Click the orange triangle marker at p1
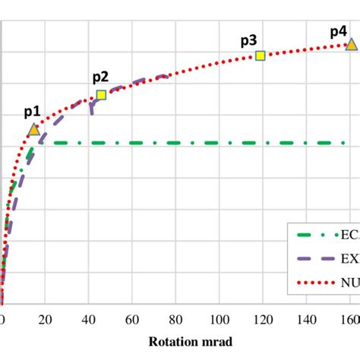(33, 130)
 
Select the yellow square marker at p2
(101, 95)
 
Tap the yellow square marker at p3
(260, 55)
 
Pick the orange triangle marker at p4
(350, 46)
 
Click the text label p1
(32, 112)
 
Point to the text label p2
(100, 77)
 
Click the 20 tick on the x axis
(46, 318)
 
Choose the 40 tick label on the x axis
(89, 318)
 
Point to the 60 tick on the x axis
(133, 318)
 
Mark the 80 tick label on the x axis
(176, 318)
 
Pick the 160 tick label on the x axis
(349, 318)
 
